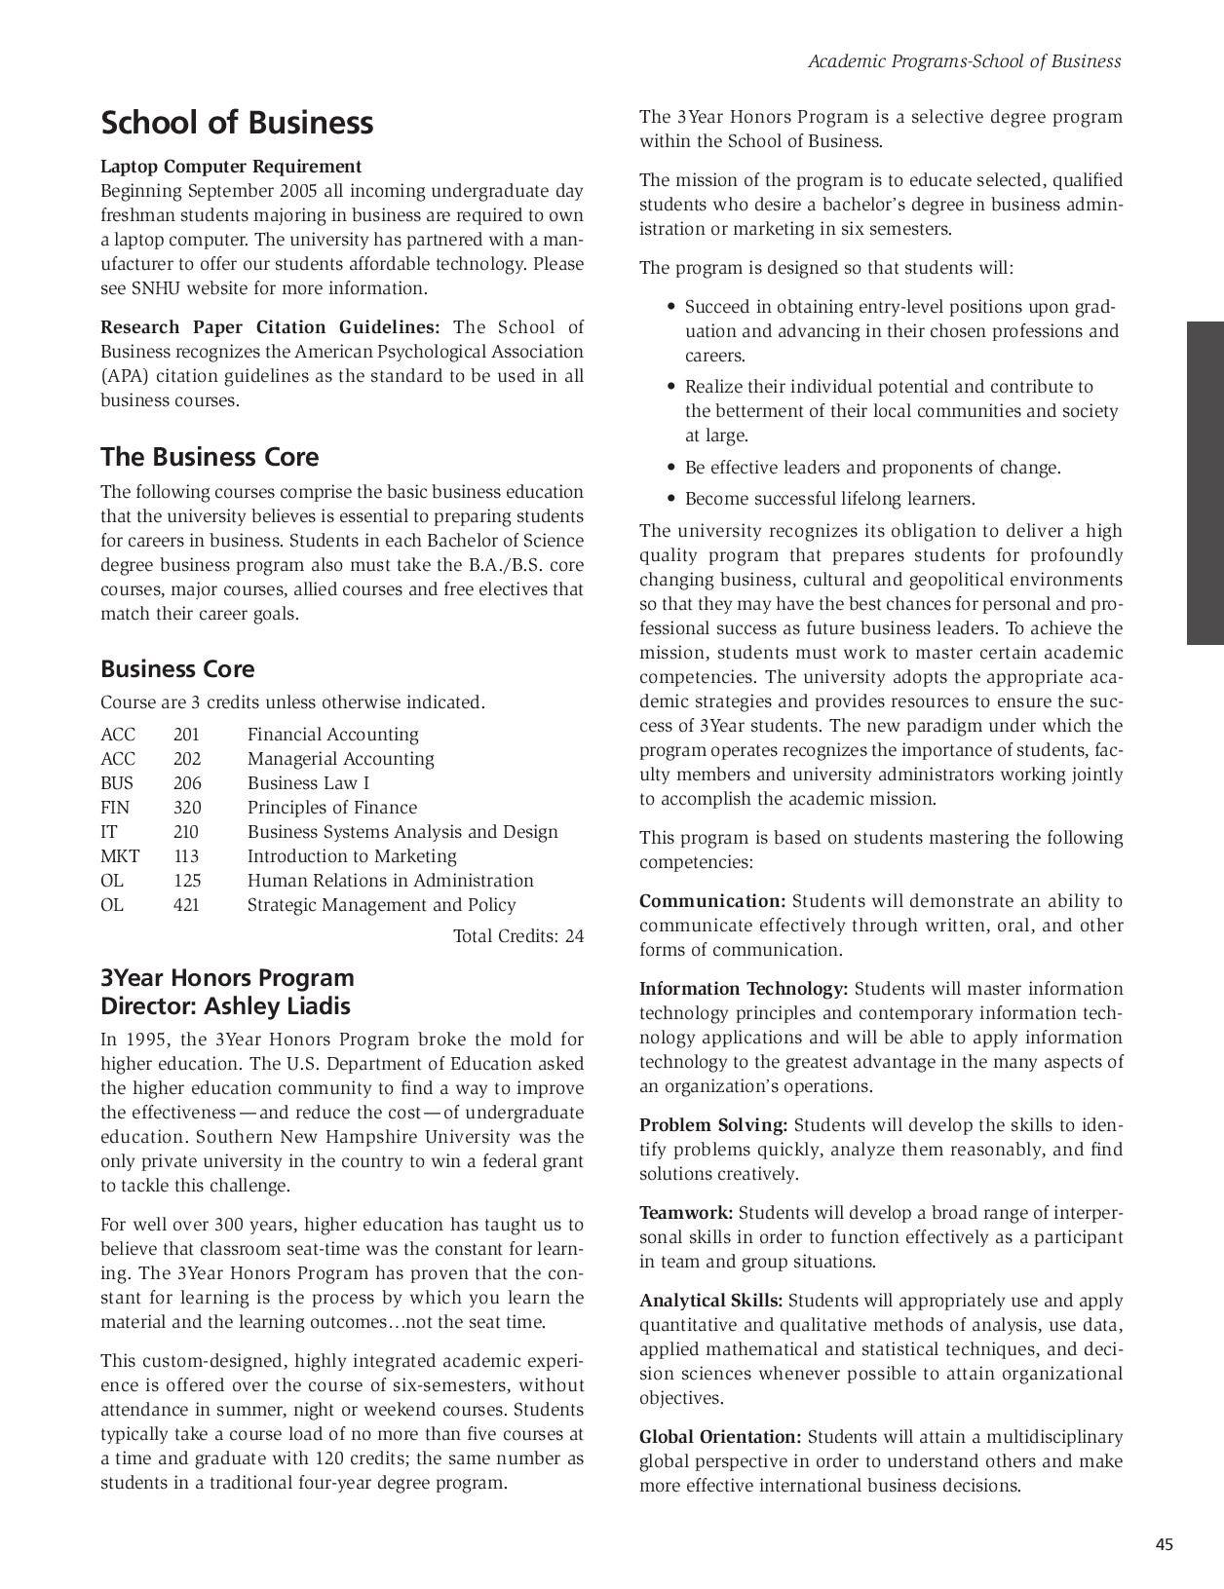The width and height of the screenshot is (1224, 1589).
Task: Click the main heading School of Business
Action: (x=237, y=123)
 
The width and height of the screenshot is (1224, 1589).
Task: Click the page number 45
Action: (x=1165, y=1544)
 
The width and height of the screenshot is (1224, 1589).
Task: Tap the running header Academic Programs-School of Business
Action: (x=965, y=61)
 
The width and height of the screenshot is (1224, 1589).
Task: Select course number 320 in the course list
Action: (x=187, y=808)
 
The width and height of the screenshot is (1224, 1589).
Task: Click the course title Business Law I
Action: (x=308, y=783)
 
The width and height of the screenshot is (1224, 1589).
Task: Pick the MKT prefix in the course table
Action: (x=119, y=856)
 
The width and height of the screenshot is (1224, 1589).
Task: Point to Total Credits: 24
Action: (x=518, y=936)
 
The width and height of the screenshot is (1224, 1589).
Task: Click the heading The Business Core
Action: (x=210, y=457)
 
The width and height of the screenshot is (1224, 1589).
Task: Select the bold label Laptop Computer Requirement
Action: (x=231, y=167)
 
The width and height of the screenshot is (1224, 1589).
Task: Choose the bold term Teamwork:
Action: (x=686, y=1213)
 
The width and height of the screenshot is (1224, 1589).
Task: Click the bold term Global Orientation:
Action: (x=720, y=1437)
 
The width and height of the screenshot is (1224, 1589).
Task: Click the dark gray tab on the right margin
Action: (x=1205, y=483)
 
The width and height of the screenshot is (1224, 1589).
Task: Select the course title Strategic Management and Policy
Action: (x=381, y=905)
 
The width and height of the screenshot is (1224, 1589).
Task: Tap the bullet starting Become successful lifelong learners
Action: (x=828, y=499)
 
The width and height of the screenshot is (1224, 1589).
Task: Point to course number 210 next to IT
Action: (x=185, y=832)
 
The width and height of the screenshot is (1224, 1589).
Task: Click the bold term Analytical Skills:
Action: (x=710, y=1301)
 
